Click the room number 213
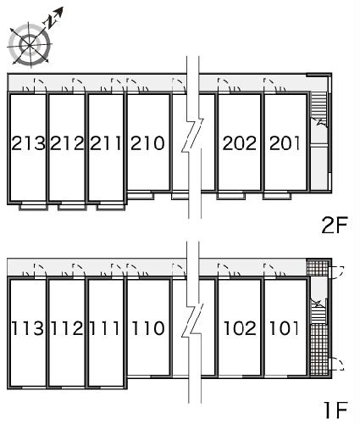[28, 143]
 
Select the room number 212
[67, 143]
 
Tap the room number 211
[106, 143]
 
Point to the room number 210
[147, 143]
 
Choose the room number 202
[240, 143]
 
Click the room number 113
[28, 328]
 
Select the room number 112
[67, 328]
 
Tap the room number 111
[104, 328]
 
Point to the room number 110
[148, 328]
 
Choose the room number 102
[240, 328]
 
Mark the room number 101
[284, 328]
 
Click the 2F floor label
[335, 225]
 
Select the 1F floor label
[336, 410]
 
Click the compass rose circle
[30, 45]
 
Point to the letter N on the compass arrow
[50, 22]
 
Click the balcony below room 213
[33, 206]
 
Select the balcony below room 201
[277, 196]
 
